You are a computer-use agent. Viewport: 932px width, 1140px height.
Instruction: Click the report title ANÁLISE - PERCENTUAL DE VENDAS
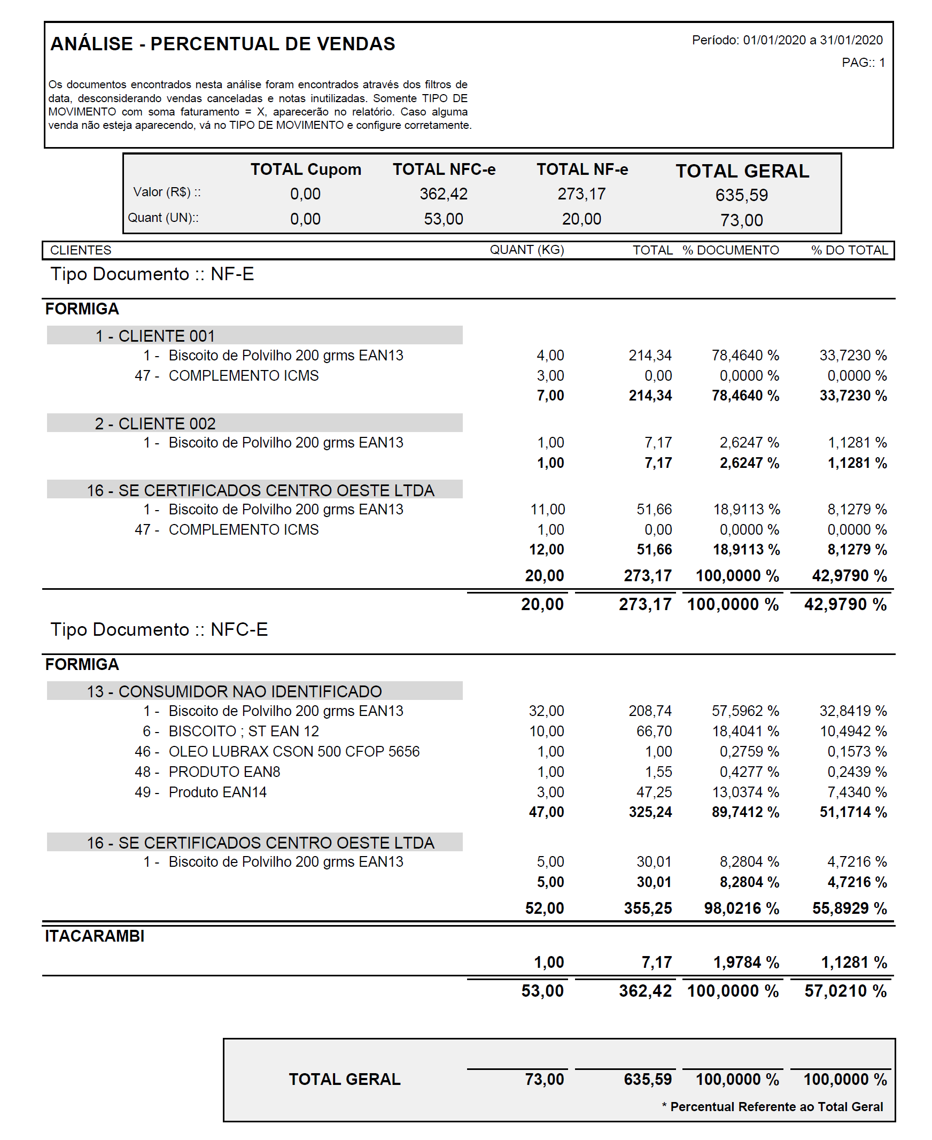pos(222,44)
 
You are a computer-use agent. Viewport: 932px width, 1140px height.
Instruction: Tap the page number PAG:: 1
pos(863,63)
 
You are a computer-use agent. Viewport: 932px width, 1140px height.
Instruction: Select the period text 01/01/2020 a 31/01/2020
pos(812,40)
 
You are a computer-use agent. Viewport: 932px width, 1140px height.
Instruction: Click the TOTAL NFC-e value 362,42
pos(444,194)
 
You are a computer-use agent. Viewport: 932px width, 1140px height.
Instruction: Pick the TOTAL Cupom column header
pos(306,170)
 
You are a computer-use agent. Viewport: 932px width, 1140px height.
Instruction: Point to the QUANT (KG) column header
pos(526,250)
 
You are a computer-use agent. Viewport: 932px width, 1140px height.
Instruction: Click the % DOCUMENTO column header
pos(730,250)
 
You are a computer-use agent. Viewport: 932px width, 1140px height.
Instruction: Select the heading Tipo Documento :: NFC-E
pos(159,630)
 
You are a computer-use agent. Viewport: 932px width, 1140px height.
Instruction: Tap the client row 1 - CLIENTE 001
pos(155,336)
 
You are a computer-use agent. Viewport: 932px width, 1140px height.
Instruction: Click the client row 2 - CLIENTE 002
pos(155,424)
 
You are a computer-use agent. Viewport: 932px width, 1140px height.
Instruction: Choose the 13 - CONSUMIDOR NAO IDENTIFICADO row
pos(234,691)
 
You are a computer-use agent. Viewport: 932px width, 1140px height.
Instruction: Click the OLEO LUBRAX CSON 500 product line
pos(294,752)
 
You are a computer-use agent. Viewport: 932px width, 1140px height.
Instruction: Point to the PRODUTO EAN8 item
pos(224,772)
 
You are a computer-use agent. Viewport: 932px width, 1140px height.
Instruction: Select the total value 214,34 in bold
pos(650,396)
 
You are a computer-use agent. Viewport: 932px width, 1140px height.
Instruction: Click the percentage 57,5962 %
pos(745,711)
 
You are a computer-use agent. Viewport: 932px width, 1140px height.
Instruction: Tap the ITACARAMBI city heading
pos(95,936)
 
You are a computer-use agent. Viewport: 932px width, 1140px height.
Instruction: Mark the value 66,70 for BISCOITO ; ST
pos(654,731)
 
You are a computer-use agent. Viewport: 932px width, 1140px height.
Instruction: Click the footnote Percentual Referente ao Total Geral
pos(776,1107)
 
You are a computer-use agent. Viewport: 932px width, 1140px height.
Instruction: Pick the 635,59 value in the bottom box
pos(648,1080)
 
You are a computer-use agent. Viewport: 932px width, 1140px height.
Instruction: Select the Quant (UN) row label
pos(162,218)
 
